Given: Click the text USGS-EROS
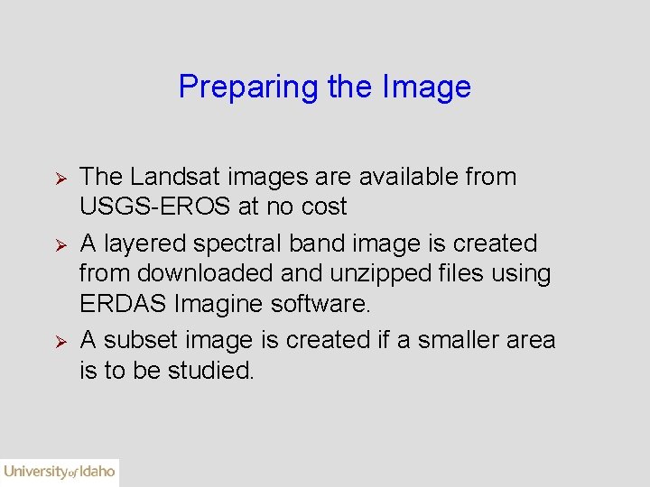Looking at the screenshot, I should click(155, 207).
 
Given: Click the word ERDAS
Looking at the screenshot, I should click(123, 302).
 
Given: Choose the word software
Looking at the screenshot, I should click(320, 302).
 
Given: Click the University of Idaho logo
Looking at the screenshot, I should click(60, 472).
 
